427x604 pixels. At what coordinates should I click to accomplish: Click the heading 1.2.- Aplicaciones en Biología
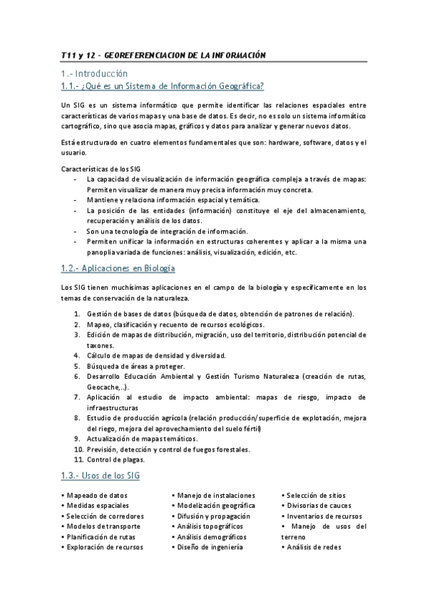click(118, 269)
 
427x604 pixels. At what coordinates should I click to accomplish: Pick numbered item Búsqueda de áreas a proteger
click(135, 366)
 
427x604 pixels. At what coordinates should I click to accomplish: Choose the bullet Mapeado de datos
click(97, 495)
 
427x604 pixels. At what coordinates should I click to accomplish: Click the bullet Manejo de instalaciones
click(212, 495)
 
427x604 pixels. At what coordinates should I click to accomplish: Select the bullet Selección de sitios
click(318, 495)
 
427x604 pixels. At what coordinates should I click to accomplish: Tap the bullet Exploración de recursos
click(104, 547)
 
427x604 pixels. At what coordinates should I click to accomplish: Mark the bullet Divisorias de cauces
click(320, 505)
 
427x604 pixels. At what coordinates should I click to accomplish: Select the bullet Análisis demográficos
click(211, 536)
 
